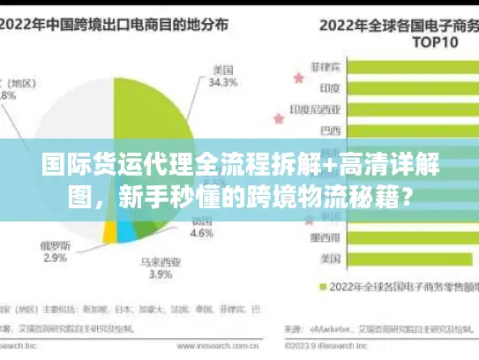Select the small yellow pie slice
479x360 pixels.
pos(110,231)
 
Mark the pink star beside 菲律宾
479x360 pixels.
pos(296,79)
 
